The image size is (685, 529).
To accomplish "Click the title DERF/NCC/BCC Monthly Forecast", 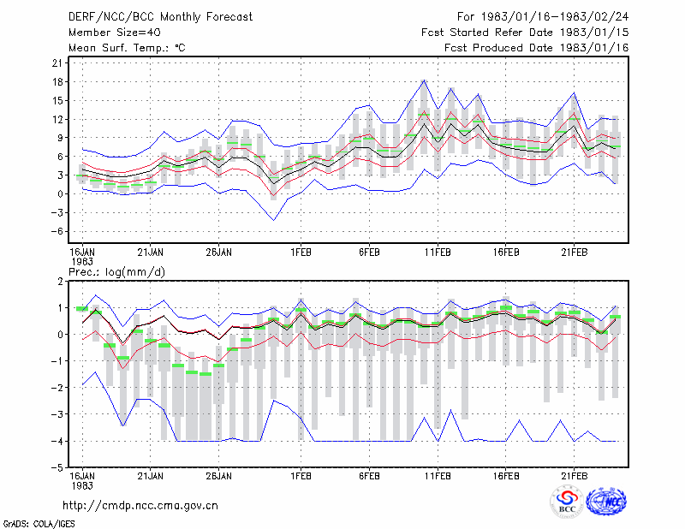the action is (x=160, y=17).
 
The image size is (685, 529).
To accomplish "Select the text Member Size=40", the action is (x=115, y=33).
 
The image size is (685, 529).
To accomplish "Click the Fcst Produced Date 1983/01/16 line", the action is (x=536, y=48).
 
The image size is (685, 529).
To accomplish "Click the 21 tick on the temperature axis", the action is (x=57, y=62).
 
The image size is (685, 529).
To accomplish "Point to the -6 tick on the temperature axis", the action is (x=57, y=231).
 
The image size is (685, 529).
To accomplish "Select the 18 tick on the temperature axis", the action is (x=57, y=81).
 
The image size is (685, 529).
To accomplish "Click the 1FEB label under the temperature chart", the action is (x=301, y=253).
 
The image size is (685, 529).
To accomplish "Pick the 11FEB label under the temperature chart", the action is (x=438, y=253).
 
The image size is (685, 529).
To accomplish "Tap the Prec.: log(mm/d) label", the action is (x=116, y=272).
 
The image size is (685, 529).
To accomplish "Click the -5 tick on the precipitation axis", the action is (x=57, y=467).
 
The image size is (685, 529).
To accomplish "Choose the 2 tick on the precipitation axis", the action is (x=60, y=282).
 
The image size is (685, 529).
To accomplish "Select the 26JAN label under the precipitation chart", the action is (x=219, y=476).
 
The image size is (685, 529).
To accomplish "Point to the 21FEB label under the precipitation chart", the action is (x=574, y=476).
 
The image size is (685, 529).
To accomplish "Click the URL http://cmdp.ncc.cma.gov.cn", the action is (x=140, y=506).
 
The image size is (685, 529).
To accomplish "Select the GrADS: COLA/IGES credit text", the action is (x=39, y=524).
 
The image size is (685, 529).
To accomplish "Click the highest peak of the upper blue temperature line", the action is (x=423, y=80).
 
